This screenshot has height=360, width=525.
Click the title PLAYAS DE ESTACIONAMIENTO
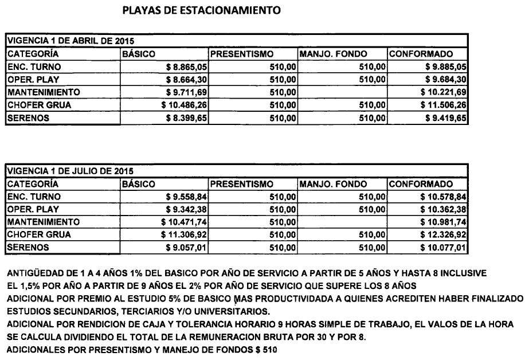pos(202,10)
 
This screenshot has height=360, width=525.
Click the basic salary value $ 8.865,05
pos(186,67)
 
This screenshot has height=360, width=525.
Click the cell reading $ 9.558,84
pos(186,197)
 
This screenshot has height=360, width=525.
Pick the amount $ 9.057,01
pos(186,248)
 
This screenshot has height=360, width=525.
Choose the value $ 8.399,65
pos(186,119)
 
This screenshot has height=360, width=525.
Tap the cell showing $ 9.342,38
pos(186,209)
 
